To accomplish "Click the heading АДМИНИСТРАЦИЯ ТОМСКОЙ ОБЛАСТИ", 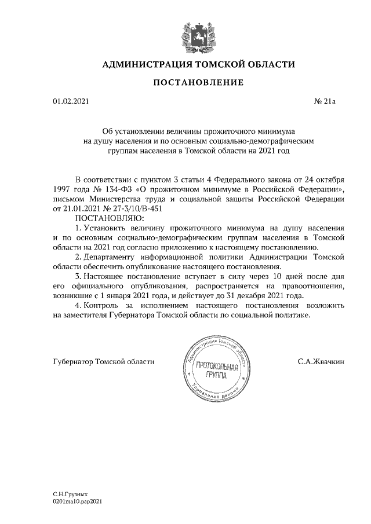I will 198,64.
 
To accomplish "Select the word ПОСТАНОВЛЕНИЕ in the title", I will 198,83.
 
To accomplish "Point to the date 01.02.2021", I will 71,102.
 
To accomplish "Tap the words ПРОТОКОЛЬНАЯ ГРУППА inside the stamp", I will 217,370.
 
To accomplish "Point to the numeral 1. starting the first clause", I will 79,228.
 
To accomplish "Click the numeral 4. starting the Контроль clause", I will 79,306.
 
